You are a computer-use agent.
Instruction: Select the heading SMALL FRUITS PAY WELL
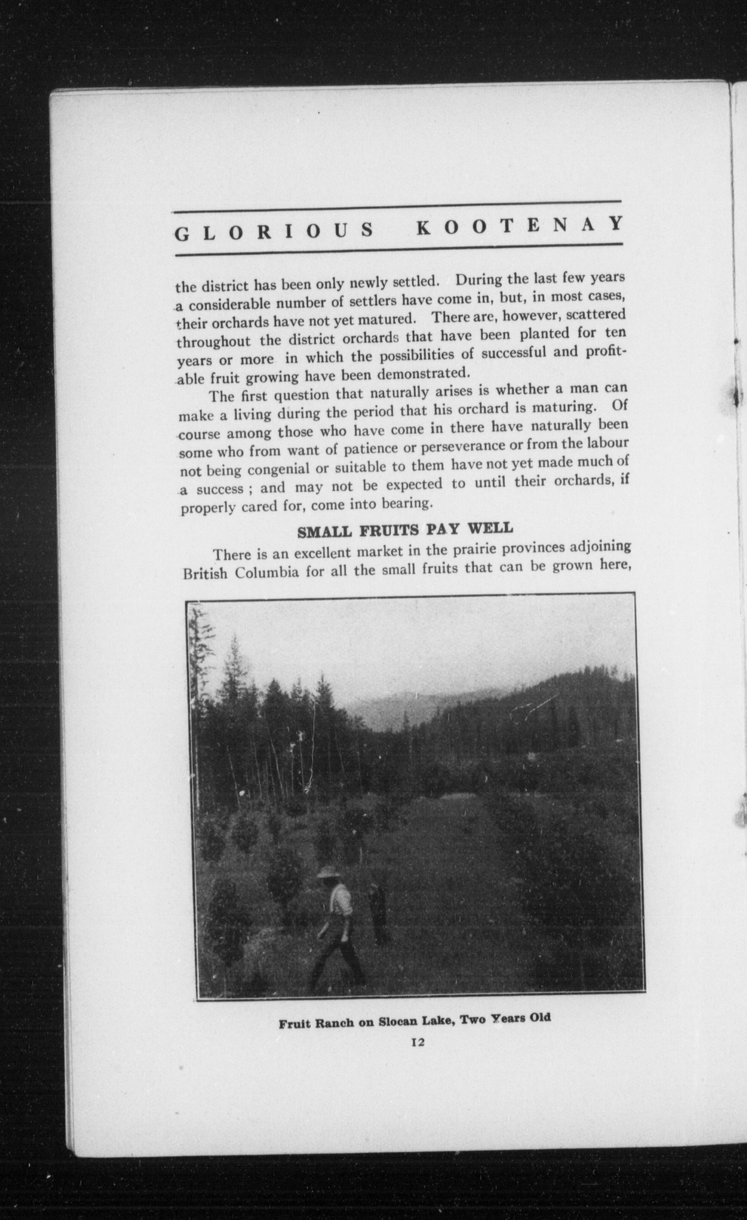(404, 530)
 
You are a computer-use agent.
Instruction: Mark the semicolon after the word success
(251, 489)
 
